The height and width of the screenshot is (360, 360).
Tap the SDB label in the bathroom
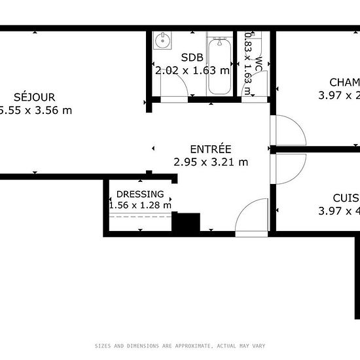click(191, 57)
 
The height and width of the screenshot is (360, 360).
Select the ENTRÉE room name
click(210, 149)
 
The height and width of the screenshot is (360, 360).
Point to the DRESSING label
click(140, 194)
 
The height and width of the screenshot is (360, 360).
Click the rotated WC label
click(259, 63)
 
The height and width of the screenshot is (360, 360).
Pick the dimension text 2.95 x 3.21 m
click(211, 161)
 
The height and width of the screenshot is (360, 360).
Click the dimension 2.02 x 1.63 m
click(191, 70)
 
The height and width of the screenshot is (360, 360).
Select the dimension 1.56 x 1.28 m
click(140, 206)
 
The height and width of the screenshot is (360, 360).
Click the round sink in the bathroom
click(162, 41)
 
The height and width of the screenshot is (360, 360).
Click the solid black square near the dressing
click(185, 223)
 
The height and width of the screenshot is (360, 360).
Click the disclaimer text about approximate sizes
click(180, 346)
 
